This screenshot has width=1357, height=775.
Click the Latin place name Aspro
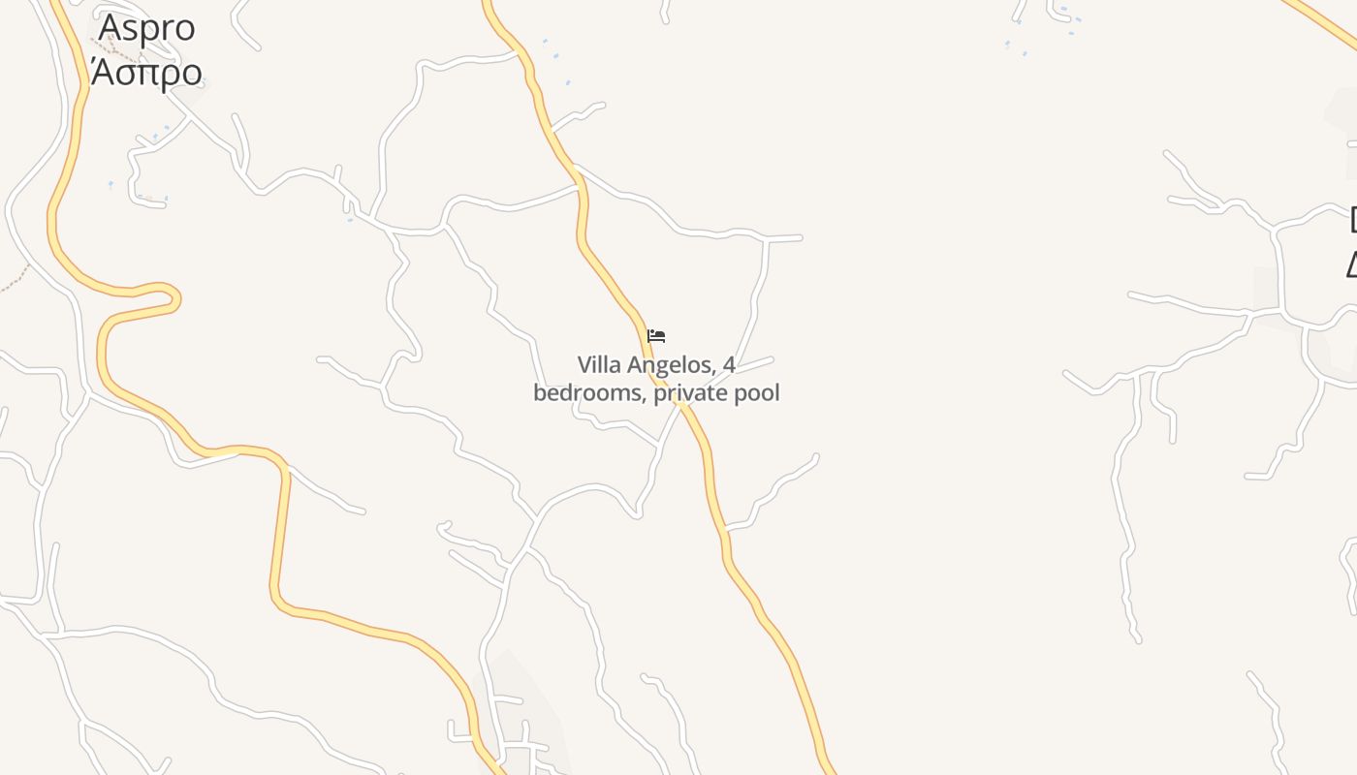pyautogui.click(x=146, y=27)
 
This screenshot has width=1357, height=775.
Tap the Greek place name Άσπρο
pyautogui.click(x=146, y=72)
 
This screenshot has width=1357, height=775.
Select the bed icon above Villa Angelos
pyautogui.click(x=656, y=336)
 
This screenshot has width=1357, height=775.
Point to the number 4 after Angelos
pyautogui.click(x=729, y=365)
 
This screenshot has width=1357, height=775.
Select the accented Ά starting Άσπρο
pyautogui.click(x=101, y=71)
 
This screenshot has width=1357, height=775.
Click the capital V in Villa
pyautogui.click(x=584, y=365)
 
